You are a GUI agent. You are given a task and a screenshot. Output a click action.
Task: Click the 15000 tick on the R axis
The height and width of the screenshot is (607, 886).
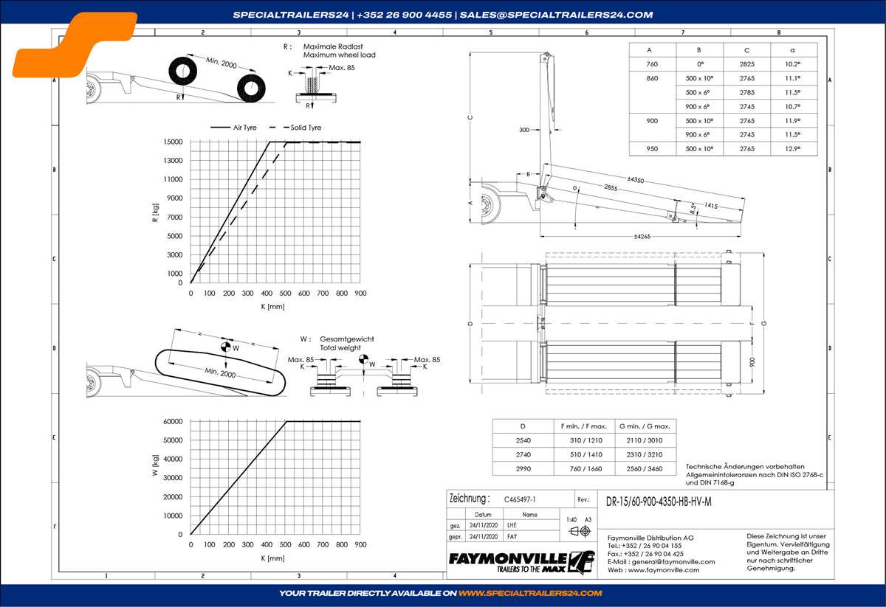coord(174,142)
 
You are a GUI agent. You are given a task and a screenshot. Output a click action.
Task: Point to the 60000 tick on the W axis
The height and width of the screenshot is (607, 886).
coord(172,421)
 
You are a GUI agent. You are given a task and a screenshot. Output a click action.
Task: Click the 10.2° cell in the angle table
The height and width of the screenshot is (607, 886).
coord(793,65)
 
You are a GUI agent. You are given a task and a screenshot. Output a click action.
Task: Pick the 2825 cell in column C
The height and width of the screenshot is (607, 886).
coord(746,65)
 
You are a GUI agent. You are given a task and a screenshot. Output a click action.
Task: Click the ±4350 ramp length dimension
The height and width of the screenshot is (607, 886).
coord(635,180)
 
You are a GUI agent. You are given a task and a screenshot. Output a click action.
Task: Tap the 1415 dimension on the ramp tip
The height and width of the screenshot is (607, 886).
coord(711,206)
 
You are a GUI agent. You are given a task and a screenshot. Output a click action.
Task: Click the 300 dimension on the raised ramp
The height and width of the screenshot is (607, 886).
coord(524,130)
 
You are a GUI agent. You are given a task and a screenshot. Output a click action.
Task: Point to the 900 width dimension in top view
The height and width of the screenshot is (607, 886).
coord(752,362)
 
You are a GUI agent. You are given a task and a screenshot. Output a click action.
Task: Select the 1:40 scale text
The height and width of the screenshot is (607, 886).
coord(571,520)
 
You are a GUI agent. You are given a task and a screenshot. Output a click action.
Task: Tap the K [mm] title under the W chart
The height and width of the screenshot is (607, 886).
coord(272,558)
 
